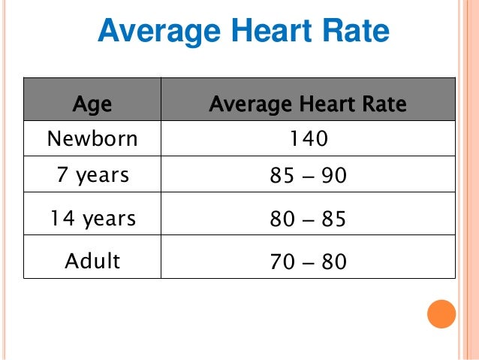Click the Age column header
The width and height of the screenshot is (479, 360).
point(92,104)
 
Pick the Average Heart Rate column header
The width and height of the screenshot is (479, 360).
point(308,104)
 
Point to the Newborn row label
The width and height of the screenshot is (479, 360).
point(92,139)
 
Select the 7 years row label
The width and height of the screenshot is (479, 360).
point(92,176)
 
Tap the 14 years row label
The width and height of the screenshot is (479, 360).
point(92,219)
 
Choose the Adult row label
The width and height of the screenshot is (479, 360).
point(92,261)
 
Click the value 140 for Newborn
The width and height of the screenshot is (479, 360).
point(309,139)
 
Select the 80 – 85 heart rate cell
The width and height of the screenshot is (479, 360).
point(309,220)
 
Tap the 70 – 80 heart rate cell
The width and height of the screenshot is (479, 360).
point(309,262)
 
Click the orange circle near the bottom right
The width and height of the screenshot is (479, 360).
point(441,313)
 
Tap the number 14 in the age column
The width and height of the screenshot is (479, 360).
point(61,219)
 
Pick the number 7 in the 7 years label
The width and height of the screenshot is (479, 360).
point(62,176)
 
